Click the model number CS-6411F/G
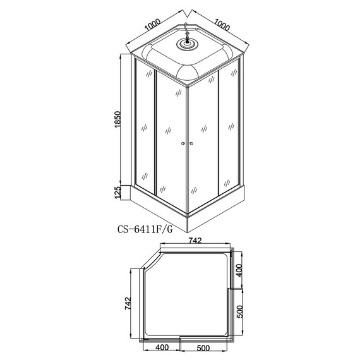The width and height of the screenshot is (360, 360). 145,229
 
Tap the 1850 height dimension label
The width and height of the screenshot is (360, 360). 117,119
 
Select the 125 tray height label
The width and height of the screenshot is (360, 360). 117,193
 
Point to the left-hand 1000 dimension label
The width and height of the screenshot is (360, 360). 152,25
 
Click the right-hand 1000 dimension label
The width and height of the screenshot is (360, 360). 222,25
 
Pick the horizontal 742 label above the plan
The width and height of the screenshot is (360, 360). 195,241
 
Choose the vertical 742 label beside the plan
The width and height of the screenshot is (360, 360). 128,304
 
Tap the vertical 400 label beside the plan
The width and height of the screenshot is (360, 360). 239,270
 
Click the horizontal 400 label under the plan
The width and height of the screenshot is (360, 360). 162,347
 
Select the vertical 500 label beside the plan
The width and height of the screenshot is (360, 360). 239,311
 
